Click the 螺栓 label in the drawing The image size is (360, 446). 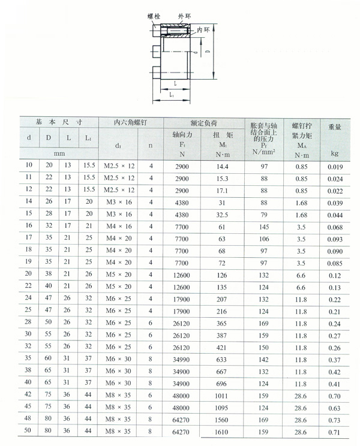pos(154,17)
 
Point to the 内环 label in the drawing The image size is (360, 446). pos(204,29)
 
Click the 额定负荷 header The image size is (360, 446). pos(204,122)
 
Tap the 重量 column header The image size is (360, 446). pos(335,127)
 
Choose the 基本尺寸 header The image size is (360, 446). pos(58,122)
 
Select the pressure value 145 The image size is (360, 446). pos(264,227)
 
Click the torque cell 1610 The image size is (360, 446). pos(223,431)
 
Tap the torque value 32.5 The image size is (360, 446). pos(223,215)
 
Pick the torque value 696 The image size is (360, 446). pos(223,382)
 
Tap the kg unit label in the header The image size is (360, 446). pos(334,153)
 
